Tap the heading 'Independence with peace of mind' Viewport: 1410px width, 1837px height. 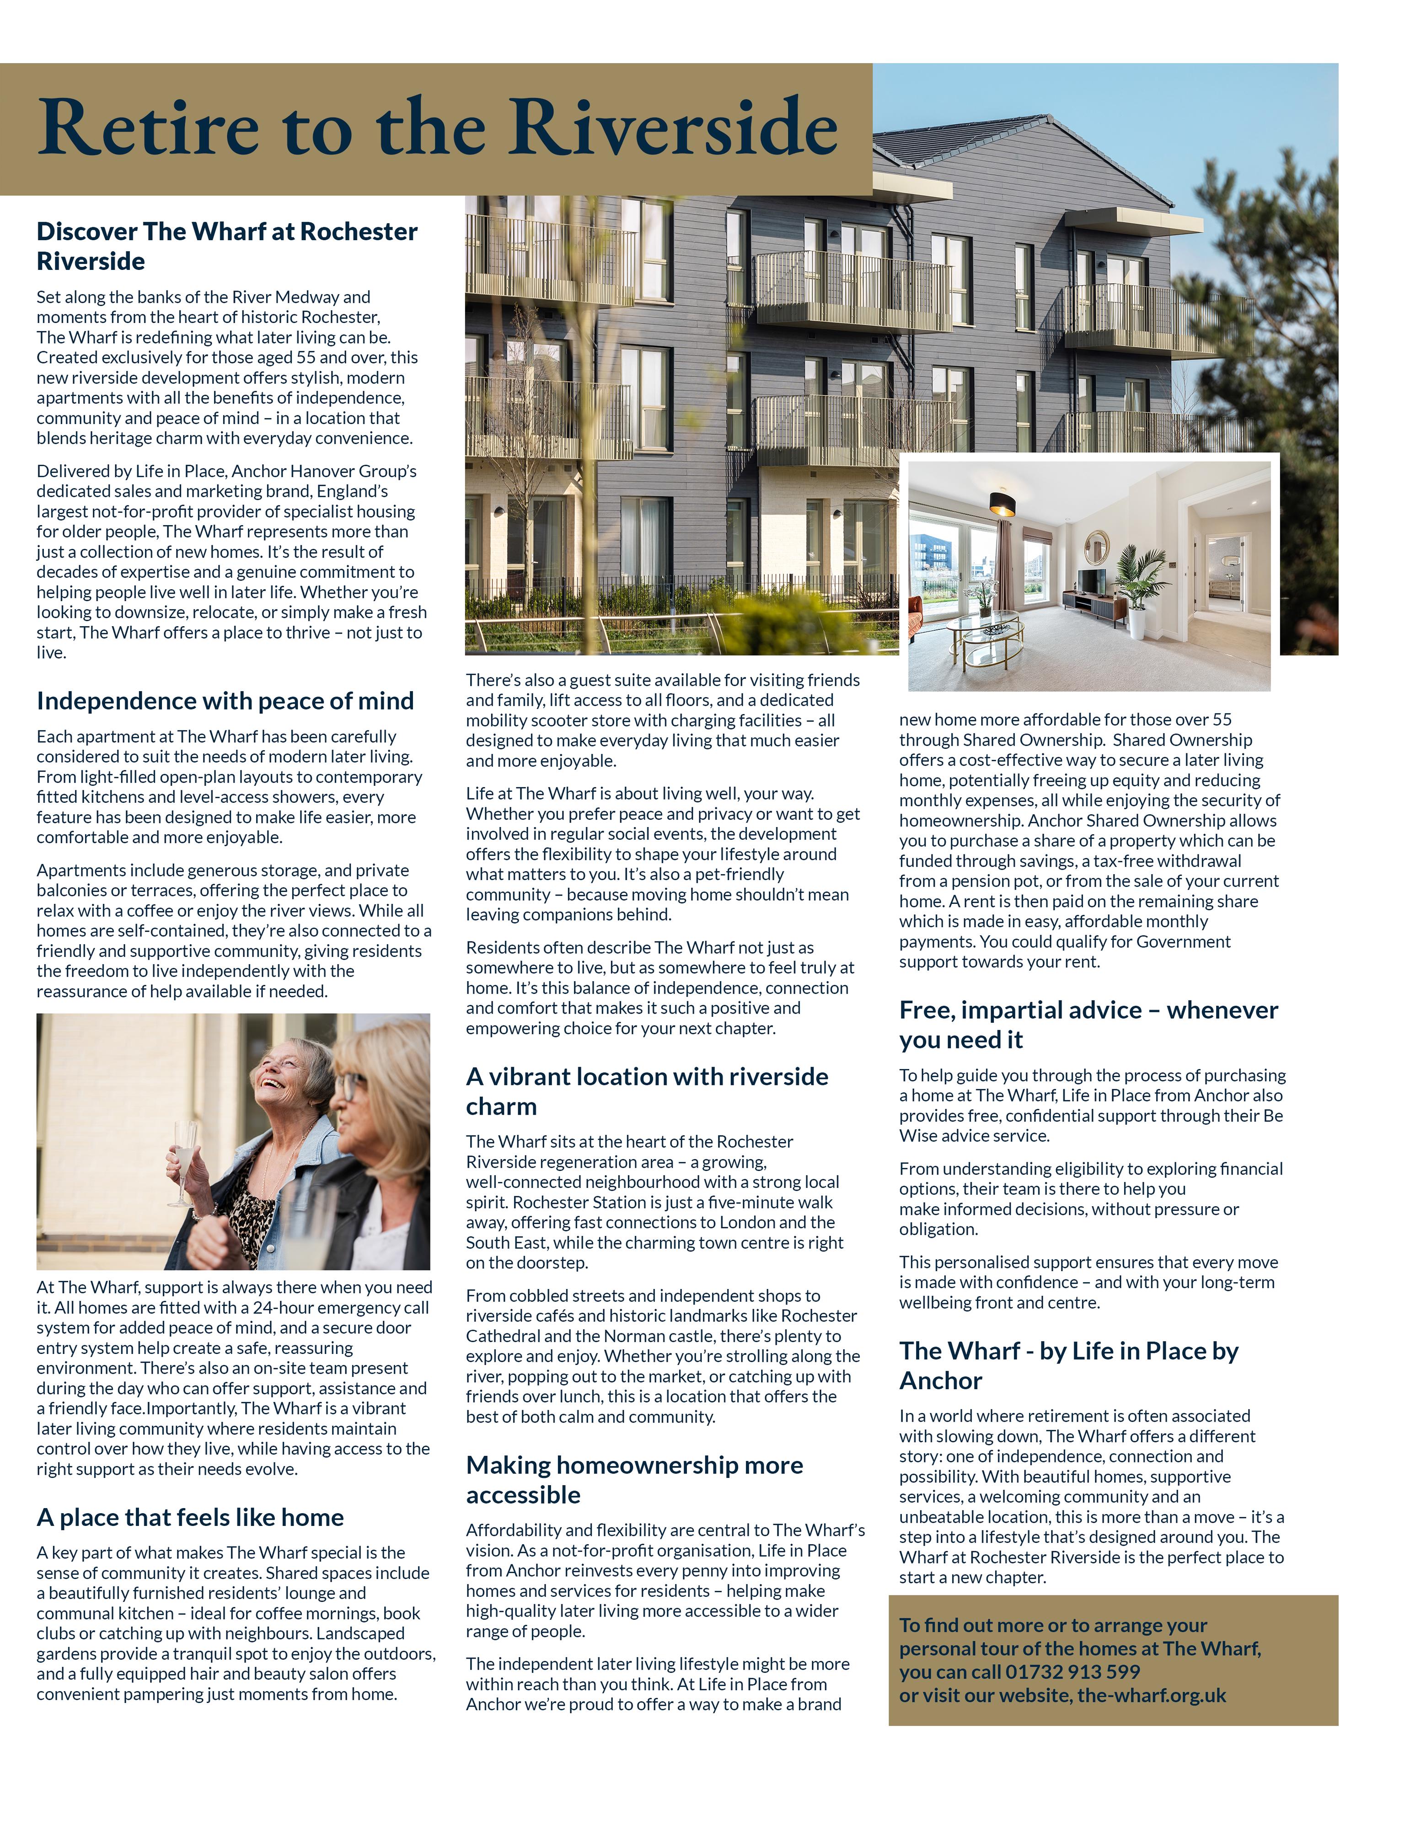coord(225,701)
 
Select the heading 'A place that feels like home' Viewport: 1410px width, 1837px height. coord(191,1517)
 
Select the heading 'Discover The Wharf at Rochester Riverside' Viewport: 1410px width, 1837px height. coord(226,246)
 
